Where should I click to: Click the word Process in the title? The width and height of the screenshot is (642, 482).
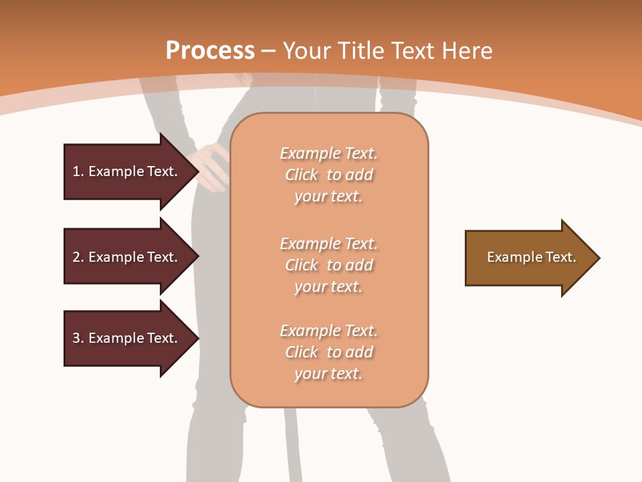click(210, 50)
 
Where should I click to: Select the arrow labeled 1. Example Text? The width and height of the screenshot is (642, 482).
click(127, 171)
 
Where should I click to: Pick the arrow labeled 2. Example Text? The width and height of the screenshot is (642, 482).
click(127, 257)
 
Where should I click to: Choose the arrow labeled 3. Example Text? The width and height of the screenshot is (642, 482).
click(127, 338)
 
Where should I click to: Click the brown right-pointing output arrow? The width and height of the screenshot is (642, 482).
click(528, 258)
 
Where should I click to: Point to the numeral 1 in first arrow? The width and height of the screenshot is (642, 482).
click(76, 171)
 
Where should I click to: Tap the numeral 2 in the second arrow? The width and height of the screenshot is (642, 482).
click(76, 257)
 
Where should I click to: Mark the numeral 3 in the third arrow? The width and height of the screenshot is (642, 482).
click(76, 338)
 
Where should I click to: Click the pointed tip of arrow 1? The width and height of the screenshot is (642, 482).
click(197, 171)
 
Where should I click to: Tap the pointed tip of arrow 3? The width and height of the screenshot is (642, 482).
click(197, 338)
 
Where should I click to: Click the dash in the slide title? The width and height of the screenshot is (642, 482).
click(269, 50)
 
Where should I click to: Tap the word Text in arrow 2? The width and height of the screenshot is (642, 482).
click(161, 257)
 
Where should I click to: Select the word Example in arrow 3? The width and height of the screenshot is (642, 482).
click(116, 338)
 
